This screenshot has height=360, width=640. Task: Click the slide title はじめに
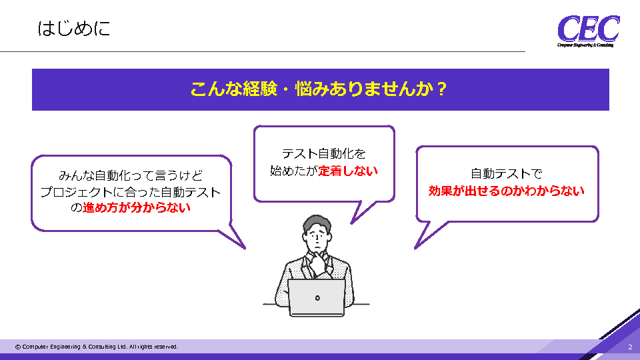(74, 29)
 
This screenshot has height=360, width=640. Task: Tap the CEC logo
(588, 31)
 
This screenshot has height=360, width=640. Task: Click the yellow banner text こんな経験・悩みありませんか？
(319, 89)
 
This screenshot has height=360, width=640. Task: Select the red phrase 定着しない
(348, 171)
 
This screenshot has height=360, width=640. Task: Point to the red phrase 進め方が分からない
(136, 208)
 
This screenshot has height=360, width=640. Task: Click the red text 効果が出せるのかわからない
(507, 191)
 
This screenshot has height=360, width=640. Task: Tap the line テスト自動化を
(324, 154)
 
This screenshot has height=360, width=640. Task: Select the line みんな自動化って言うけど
(131, 175)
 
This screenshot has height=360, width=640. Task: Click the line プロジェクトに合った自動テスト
(131, 192)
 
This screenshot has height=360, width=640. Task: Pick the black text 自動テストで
(507, 174)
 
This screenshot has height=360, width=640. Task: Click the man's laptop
(317, 297)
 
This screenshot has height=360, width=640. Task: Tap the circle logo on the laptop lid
(317, 299)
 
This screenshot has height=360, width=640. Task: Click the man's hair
(316, 223)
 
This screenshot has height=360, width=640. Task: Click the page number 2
(630, 347)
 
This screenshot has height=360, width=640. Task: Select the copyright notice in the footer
(97, 347)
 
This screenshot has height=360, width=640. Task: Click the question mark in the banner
(441, 89)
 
